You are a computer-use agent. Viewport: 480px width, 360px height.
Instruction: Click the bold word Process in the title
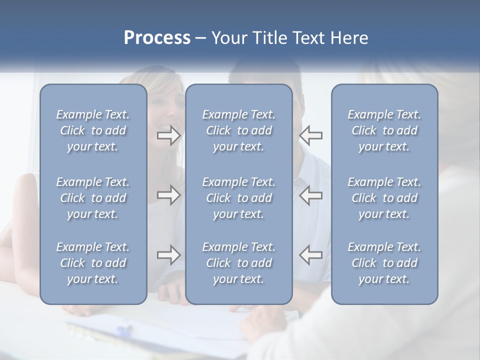[x=157, y=38]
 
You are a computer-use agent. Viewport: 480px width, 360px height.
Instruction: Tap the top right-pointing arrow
[x=168, y=135]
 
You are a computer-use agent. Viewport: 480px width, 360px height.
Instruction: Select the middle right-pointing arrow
[x=168, y=195]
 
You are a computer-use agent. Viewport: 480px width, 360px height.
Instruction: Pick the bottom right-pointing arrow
[x=168, y=255]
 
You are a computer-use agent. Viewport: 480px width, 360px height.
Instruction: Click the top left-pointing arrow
[x=310, y=135]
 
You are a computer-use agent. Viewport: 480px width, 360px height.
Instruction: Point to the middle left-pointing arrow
[x=310, y=195]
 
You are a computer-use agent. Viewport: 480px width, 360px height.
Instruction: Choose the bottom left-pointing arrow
[x=310, y=255]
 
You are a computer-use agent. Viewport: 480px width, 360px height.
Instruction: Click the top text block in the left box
[x=93, y=130]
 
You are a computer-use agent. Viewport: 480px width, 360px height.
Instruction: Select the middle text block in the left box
[x=93, y=198]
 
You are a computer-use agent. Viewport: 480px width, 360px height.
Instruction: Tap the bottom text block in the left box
[x=93, y=263]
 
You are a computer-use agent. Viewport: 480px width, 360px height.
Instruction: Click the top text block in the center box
[x=238, y=130]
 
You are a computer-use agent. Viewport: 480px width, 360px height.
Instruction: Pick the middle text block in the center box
[x=238, y=198]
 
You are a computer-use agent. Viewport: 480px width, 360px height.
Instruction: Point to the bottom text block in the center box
[x=238, y=263]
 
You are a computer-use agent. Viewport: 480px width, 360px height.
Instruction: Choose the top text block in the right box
[x=384, y=130]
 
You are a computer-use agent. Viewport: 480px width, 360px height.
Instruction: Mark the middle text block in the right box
[x=384, y=198]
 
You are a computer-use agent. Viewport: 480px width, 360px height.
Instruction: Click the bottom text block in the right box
[x=384, y=263]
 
